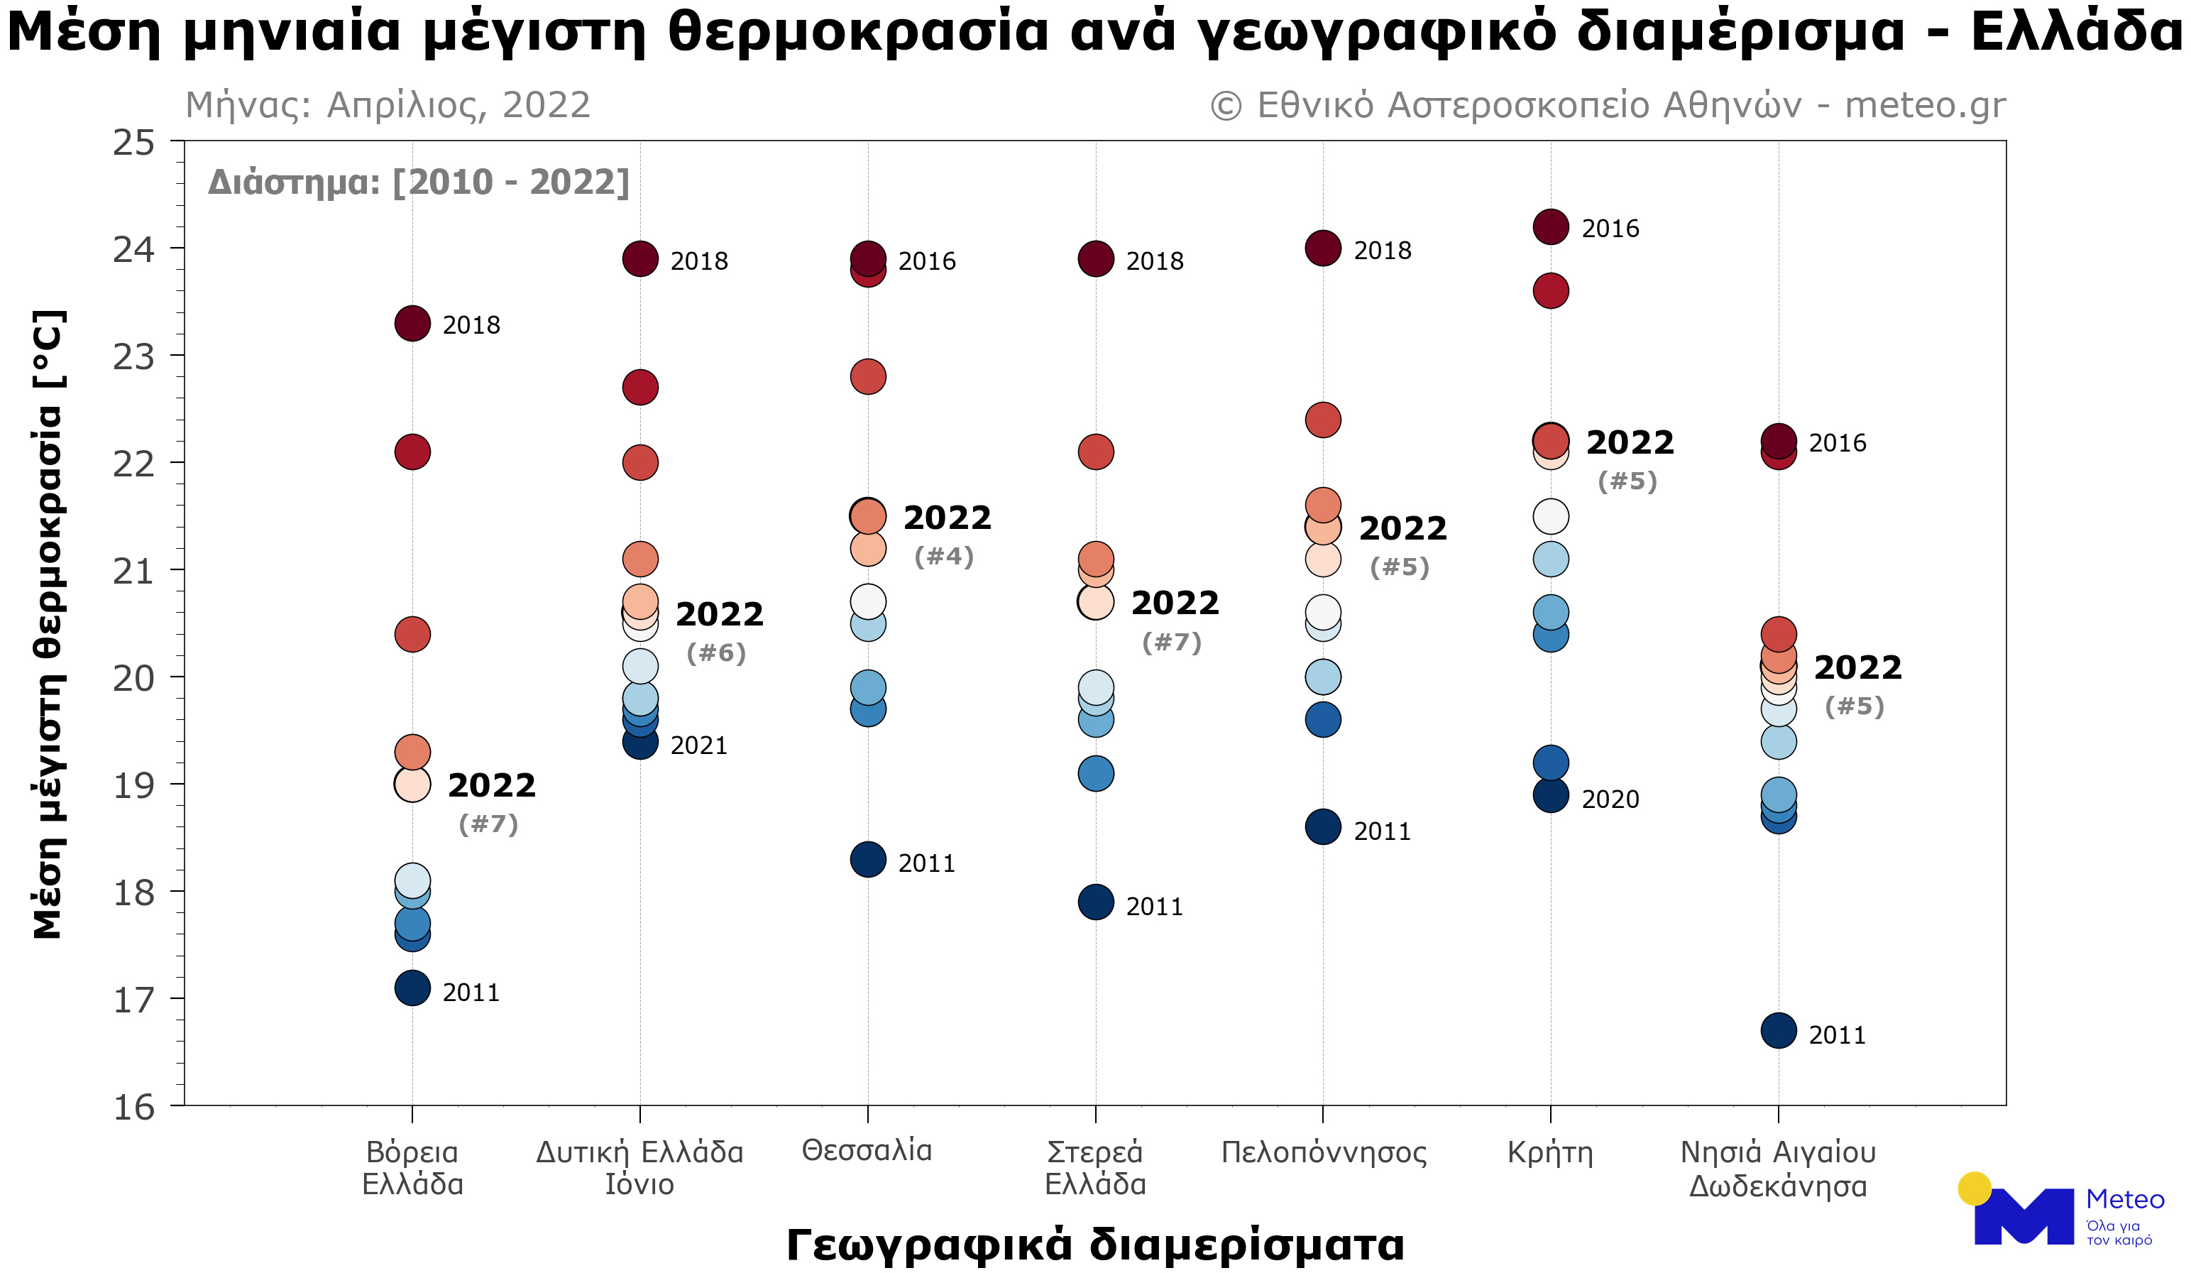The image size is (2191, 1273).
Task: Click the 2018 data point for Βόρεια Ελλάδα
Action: (412, 324)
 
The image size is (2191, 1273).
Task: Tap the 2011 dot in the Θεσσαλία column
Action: (868, 860)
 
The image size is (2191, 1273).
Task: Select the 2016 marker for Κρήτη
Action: (1550, 227)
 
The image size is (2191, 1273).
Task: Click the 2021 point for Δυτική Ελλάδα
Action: (640, 743)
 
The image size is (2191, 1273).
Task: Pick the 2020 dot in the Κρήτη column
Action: (1550, 794)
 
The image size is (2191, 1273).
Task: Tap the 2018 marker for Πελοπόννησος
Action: (1322, 248)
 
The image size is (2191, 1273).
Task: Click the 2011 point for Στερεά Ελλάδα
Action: (1096, 902)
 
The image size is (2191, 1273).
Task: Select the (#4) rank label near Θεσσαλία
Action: (943, 557)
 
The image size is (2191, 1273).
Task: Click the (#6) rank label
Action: (715, 653)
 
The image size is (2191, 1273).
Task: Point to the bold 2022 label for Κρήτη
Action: (1630, 442)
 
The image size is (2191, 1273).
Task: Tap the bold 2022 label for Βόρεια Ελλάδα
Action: (491, 786)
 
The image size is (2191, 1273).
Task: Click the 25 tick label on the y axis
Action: (134, 143)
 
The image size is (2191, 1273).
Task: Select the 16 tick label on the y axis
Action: (134, 1108)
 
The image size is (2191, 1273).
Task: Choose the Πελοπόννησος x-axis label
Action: (1323, 1153)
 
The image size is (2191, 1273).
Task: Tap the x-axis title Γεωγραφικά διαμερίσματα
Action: (1094, 1245)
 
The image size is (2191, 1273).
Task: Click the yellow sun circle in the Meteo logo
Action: (1975, 1189)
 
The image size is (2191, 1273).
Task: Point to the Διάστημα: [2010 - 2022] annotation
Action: (418, 182)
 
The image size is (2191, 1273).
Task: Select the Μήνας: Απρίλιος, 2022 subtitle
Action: (388, 105)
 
